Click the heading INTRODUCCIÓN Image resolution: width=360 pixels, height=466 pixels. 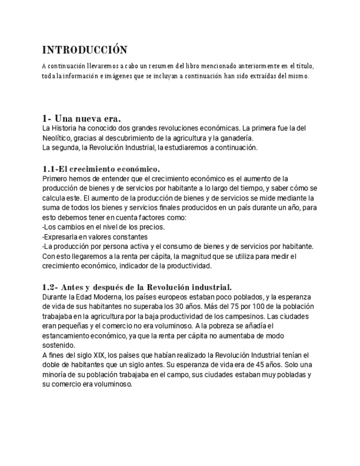point(85,50)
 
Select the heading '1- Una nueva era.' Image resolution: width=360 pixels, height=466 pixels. point(81,118)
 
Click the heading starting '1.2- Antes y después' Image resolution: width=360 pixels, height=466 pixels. point(137,287)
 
